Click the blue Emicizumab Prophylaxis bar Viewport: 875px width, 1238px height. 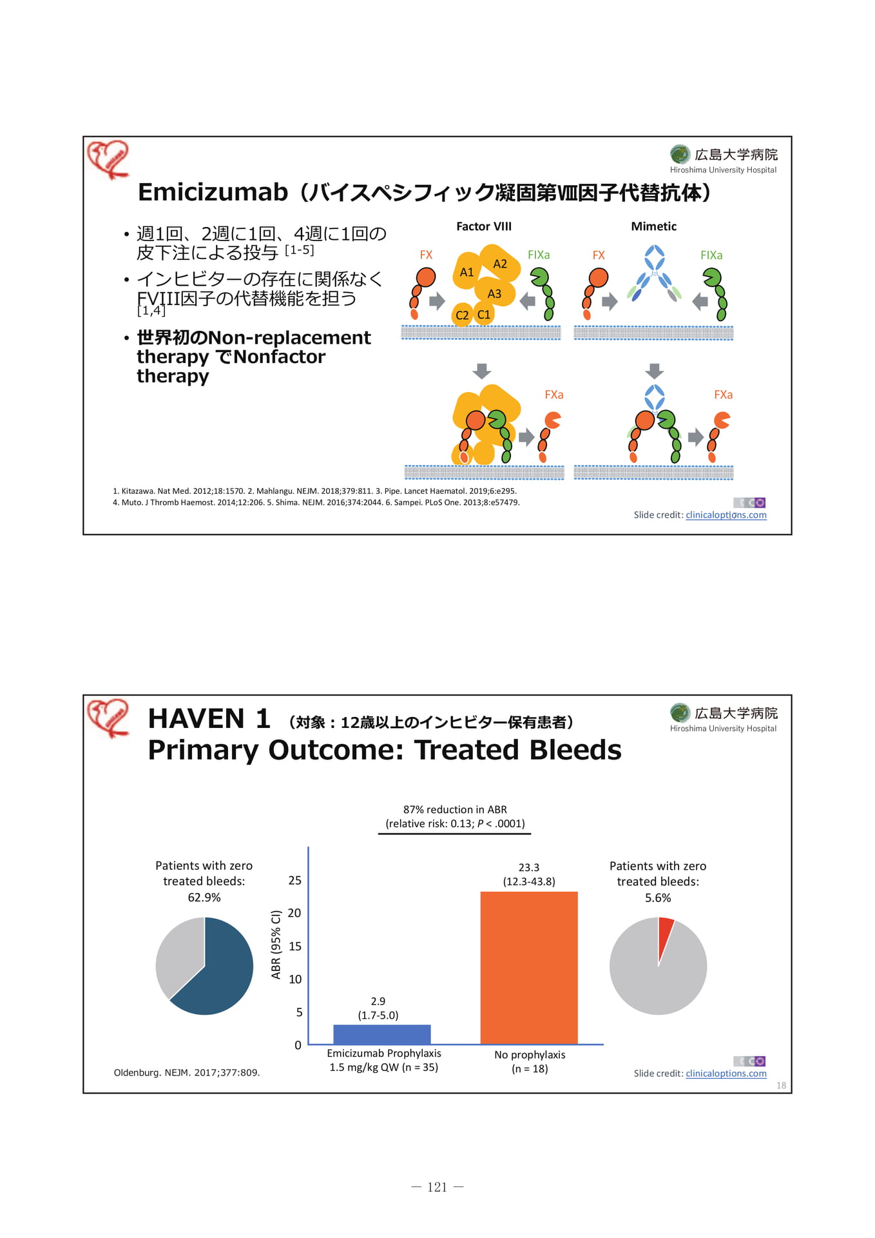pyautogui.click(x=381, y=1034)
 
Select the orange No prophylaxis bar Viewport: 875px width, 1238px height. pyautogui.click(x=529, y=968)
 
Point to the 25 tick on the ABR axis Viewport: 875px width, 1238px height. pyautogui.click(x=294, y=880)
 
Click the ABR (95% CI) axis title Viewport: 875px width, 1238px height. pyautogui.click(x=276, y=944)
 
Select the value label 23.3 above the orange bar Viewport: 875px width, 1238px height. pyautogui.click(x=529, y=867)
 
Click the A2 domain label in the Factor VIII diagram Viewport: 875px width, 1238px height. pyautogui.click(x=500, y=264)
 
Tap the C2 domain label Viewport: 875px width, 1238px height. pyautogui.click(x=462, y=315)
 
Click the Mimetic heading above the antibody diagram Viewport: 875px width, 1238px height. pyautogui.click(x=653, y=226)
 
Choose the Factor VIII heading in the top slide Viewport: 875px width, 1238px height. pyautogui.click(x=484, y=226)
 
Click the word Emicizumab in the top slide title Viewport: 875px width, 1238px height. pyautogui.click(x=213, y=192)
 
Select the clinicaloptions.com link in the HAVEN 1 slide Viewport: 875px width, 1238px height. pyautogui.click(x=726, y=1074)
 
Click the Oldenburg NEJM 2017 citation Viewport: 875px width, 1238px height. pyautogui.click(x=187, y=1072)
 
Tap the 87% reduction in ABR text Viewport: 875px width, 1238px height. pyautogui.click(x=455, y=809)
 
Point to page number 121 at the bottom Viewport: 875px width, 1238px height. pyautogui.click(x=438, y=1187)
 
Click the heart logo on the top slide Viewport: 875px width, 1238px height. pyautogui.click(x=108, y=159)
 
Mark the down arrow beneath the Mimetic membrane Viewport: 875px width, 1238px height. pyautogui.click(x=655, y=371)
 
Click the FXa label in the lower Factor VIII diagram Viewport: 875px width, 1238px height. pyautogui.click(x=554, y=395)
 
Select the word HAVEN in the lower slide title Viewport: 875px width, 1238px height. pyautogui.click(x=197, y=718)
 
